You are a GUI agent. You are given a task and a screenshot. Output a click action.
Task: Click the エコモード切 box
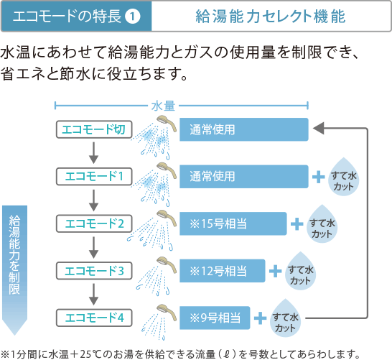[x=94, y=129]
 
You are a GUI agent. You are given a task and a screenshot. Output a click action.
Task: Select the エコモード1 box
[x=94, y=177]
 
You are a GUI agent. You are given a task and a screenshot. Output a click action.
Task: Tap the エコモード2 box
[x=94, y=223]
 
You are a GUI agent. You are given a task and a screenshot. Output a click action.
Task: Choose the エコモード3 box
[x=94, y=271]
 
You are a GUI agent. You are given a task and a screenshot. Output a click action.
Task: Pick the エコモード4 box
[x=94, y=318]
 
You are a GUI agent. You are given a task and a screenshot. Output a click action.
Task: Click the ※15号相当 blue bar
[x=233, y=223]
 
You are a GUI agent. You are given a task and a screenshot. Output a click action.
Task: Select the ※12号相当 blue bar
[x=223, y=271]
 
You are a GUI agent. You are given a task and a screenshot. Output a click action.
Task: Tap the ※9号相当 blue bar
[x=215, y=318]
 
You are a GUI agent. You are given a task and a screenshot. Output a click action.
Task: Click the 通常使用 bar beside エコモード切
[x=244, y=129]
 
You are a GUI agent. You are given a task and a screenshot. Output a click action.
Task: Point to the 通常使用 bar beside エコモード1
[x=244, y=177]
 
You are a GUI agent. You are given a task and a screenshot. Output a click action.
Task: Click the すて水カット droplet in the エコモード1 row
[x=343, y=177]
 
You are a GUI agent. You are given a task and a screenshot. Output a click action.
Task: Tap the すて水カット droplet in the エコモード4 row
[x=285, y=319]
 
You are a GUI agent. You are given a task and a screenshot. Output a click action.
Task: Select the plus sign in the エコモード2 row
[x=297, y=224]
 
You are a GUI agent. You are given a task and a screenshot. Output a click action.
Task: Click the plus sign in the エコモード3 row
[x=275, y=271]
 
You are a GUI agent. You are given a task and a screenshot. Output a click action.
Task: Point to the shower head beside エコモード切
[x=166, y=123]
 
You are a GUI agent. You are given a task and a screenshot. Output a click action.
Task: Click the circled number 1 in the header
[x=132, y=17]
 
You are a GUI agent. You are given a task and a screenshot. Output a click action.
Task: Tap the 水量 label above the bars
[x=163, y=106]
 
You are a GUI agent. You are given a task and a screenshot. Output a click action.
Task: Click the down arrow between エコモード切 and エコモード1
[x=94, y=153]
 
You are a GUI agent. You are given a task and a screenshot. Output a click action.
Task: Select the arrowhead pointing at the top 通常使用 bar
[x=318, y=129]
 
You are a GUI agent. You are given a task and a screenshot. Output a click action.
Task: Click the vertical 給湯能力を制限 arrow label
[x=14, y=270]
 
